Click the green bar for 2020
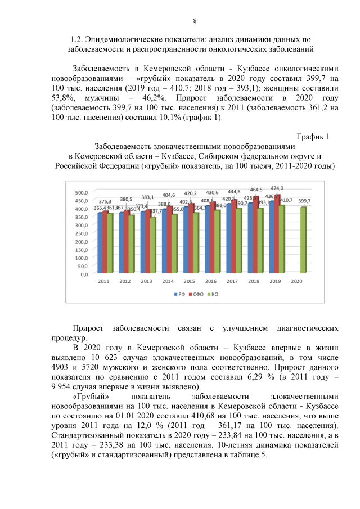click(x=304, y=241)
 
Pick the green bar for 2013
click(x=153, y=246)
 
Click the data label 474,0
click(x=277, y=188)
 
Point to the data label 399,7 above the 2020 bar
click(x=304, y=201)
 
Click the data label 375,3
click(x=105, y=201)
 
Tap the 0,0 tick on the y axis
click(x=84, y=274)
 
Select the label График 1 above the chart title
click(x=312, y=137)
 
